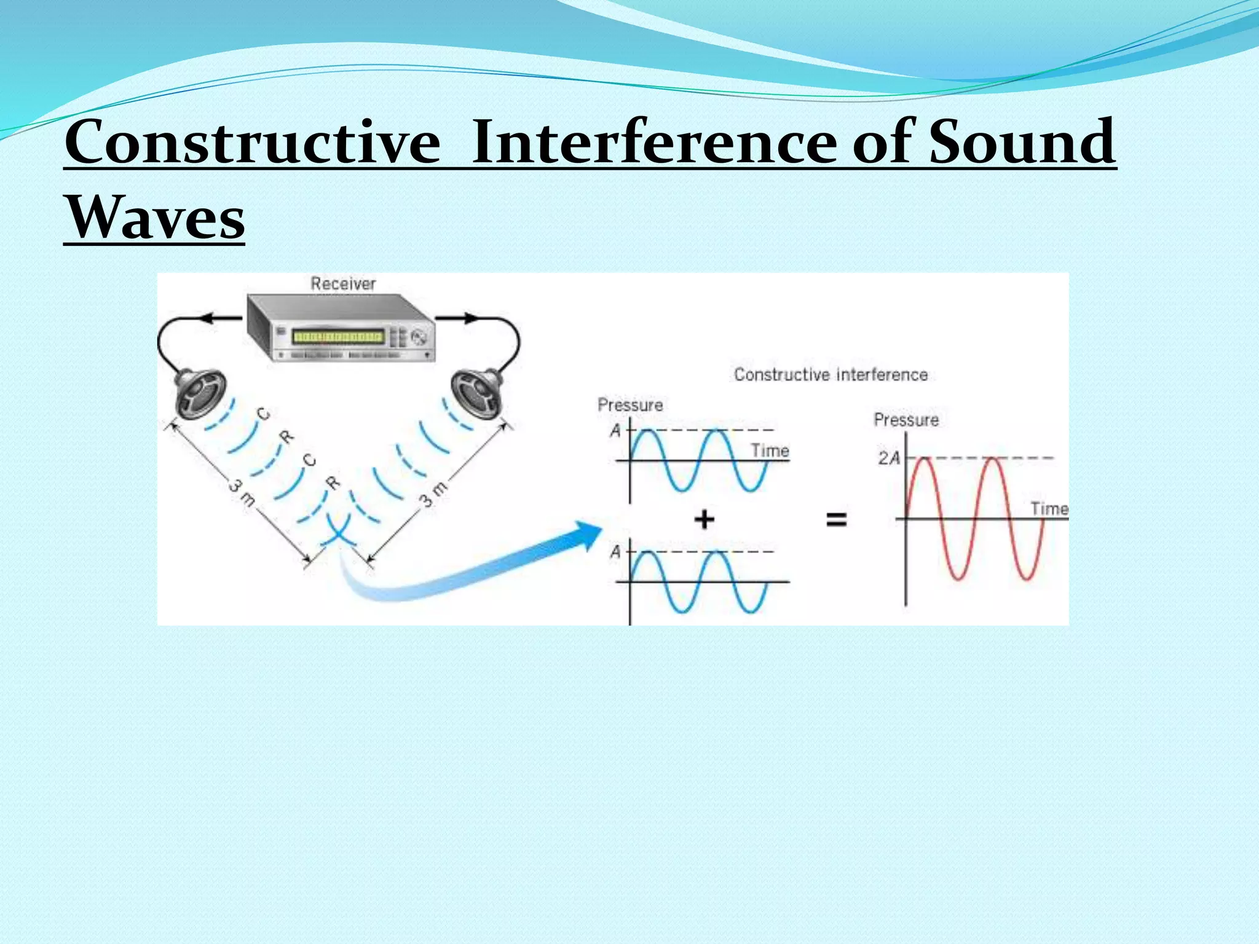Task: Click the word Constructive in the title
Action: pos(252,143)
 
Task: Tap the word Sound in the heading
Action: pos(1022,143)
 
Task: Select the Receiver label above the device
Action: pos(342,283)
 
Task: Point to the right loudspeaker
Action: pos(476,392)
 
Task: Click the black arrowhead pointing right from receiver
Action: pos(471,318)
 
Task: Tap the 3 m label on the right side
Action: pos(434,494)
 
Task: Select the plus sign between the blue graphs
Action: pos(704,519)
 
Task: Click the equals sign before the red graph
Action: pos(836,519)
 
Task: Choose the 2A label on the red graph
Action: pos(889,458)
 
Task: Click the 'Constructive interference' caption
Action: pos(831,374)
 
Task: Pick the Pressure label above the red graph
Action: pos(906,420)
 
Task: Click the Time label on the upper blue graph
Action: pos(770,450)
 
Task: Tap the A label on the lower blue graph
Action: pos(615,552)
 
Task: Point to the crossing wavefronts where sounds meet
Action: pos(337,533)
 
